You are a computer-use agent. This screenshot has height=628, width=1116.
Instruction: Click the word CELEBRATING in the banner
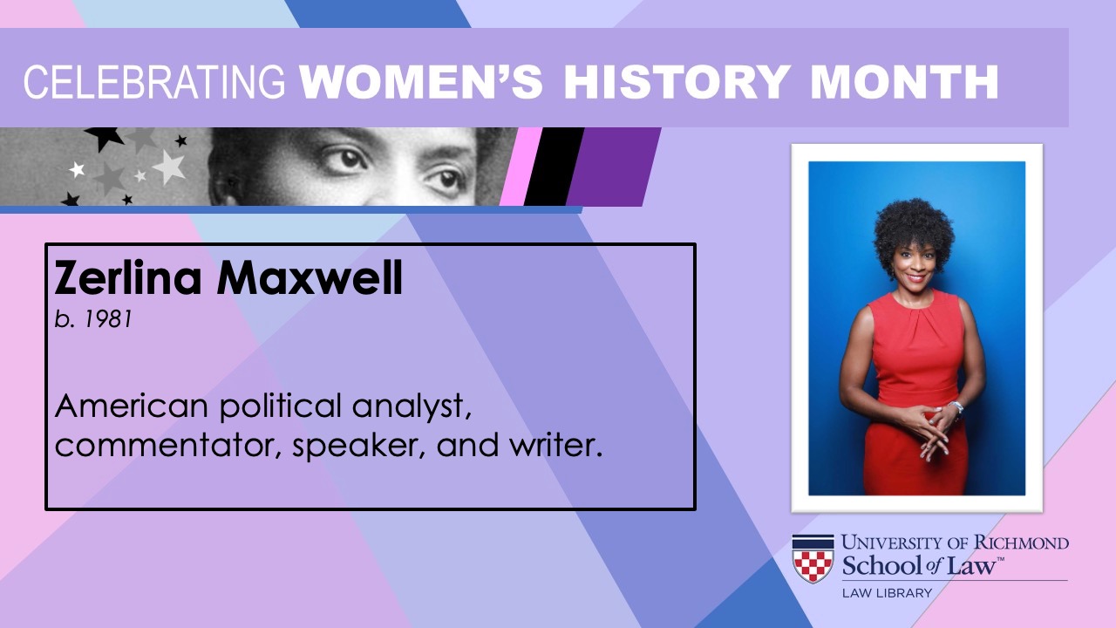[x=154, y=82]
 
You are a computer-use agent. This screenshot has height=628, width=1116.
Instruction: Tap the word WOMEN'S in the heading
[x=421, y=82]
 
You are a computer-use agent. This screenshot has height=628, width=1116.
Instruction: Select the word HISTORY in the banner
[x=677, y=82]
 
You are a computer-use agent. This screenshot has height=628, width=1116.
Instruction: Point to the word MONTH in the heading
[x=905, y=82]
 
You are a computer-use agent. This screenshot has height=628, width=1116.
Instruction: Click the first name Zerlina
[x=128, y=277]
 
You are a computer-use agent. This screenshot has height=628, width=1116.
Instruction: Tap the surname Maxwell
[x=310, y=277]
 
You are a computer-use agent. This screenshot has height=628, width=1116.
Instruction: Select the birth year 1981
[x=109, y=319]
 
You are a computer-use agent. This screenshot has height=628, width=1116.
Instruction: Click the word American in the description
[x=132, y=406]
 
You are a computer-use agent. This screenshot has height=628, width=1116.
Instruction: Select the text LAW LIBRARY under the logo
[x=887, y=593]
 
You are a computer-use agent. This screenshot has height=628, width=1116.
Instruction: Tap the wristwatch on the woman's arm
[x=957, y=406]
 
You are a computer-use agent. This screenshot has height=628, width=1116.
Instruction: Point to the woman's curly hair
[x=914, y=229]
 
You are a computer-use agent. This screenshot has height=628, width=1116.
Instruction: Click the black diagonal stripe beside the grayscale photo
[x=554, y=167]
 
